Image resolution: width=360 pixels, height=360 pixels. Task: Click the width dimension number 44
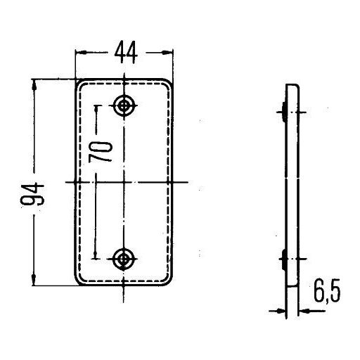(x=126, y=52)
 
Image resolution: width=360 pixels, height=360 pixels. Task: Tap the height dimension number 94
(x=32, y=194)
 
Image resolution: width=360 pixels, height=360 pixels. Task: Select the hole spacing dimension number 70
(x=101, y=152)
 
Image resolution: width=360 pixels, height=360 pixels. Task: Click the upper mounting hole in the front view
(x=124, y=105)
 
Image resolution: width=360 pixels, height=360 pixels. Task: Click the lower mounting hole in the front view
(x=124, y=259)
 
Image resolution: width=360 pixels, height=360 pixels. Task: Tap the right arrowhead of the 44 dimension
(x=167, y=53)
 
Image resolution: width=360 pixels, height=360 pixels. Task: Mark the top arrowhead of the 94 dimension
(x=34, y=85)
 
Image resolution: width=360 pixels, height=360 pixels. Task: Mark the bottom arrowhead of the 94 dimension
(x=34, y=280)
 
